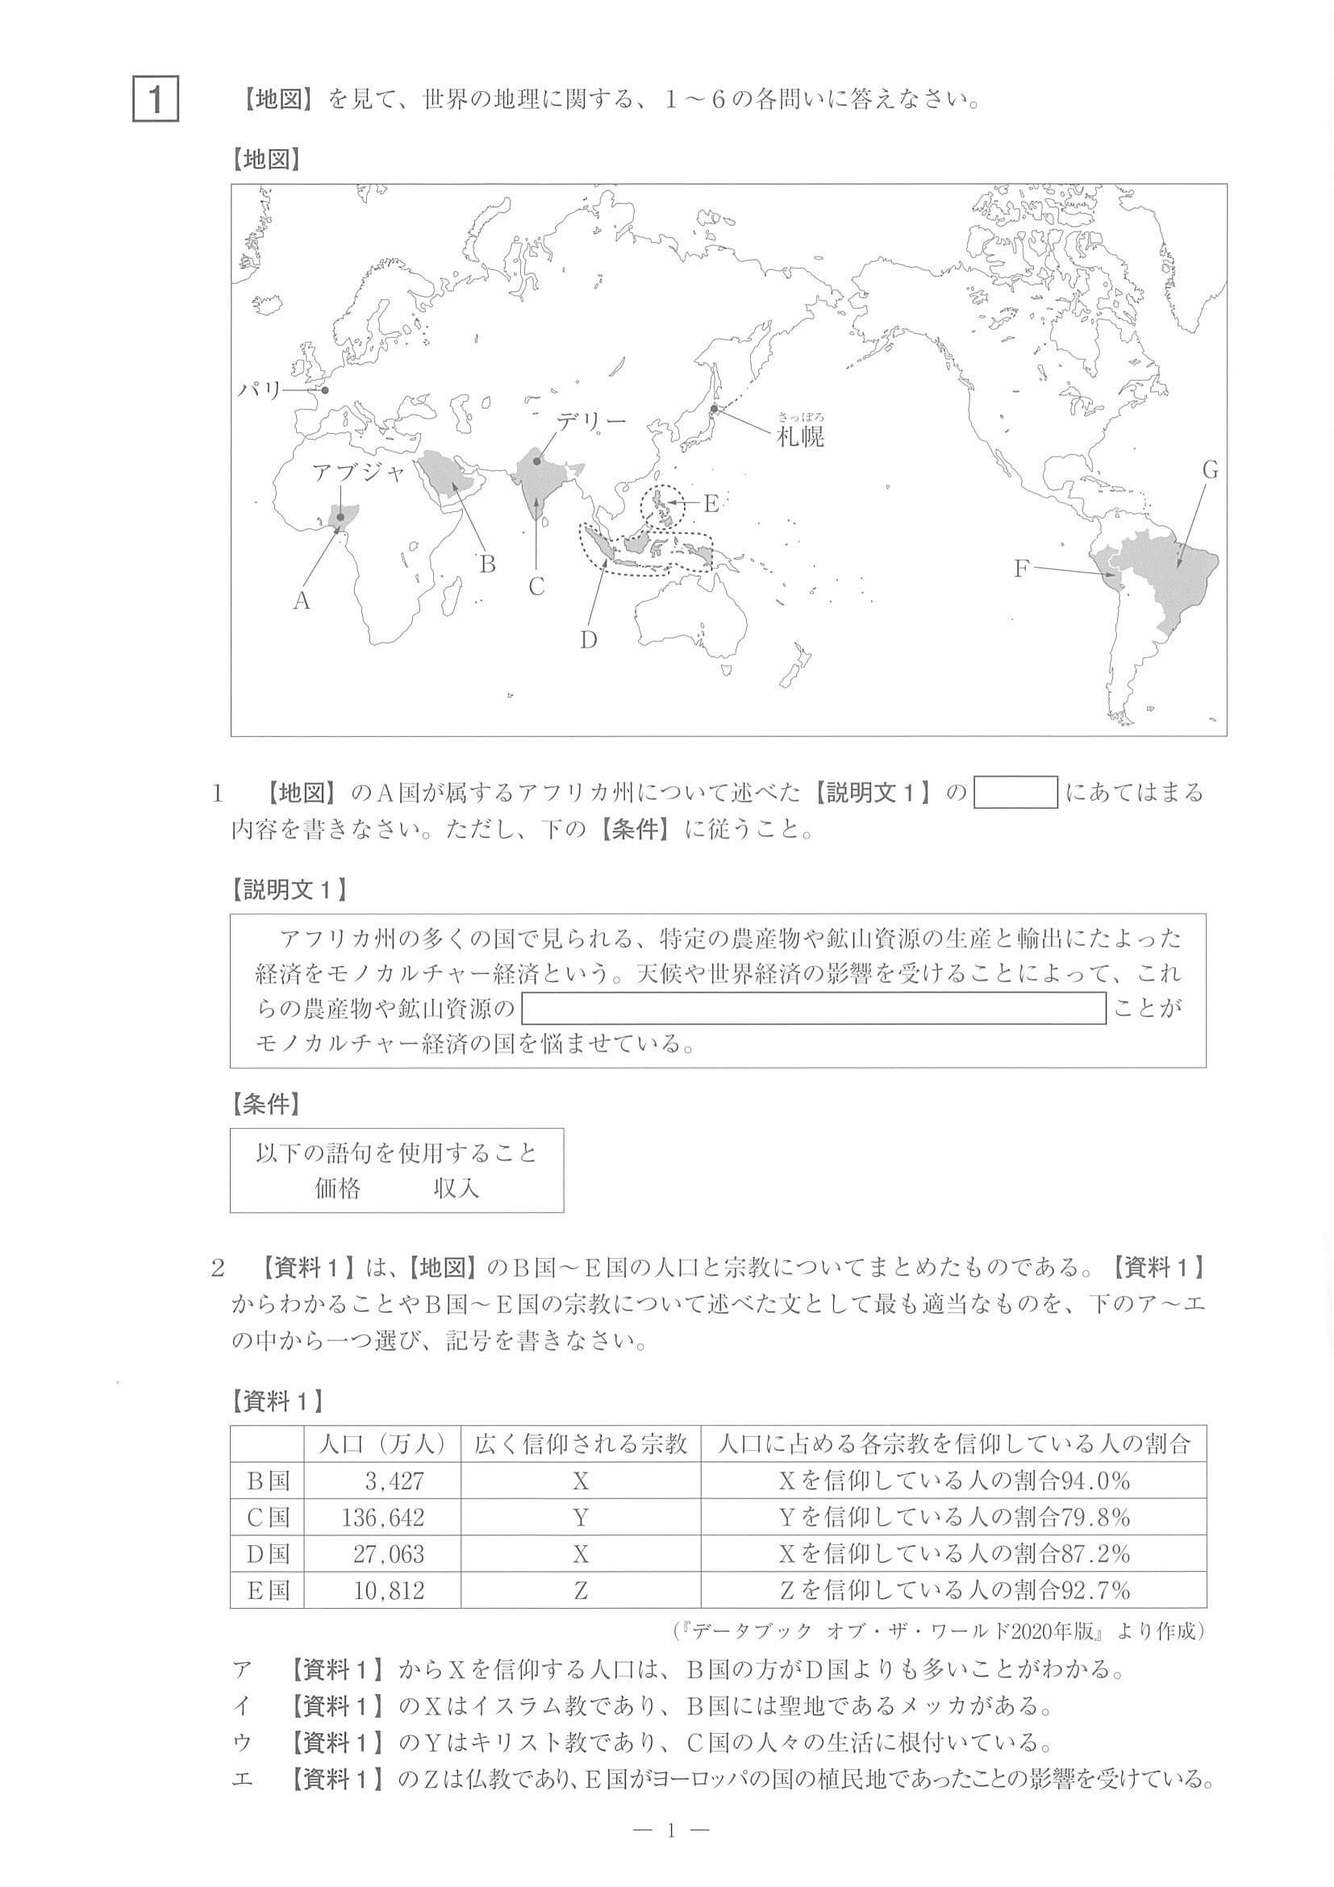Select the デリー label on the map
point(590,422)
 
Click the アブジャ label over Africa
point(359,473)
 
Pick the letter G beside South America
point(1210,471)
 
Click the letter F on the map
point(1021,568)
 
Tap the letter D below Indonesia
point(588,639)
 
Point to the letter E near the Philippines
point(711,502)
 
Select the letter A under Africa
point(302,602)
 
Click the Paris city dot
point(325,390)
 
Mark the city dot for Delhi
point(536,461)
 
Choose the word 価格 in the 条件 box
point(337,1189)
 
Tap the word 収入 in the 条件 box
point(456,1189)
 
